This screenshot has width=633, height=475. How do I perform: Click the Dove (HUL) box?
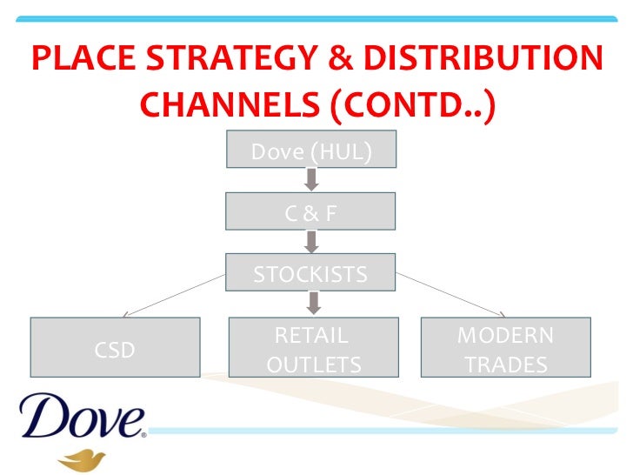pos(310,151)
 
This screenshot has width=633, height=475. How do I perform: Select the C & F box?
pos(310,211)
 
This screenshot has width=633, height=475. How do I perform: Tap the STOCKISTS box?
pos(310,273)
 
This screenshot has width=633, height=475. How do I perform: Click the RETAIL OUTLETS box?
pos(312,348)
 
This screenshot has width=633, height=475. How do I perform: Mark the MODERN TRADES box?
pos(505,348)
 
